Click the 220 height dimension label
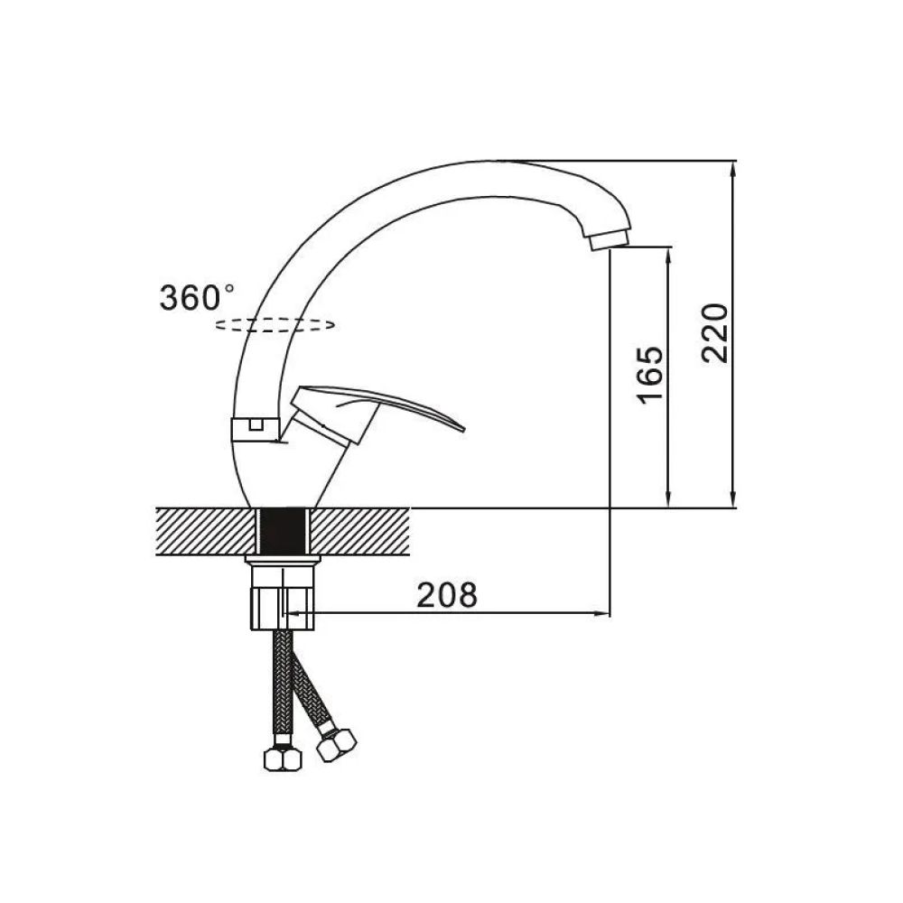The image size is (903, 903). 715,333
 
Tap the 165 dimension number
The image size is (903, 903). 650,375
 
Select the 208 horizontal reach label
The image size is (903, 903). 447,595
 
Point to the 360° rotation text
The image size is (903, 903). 196,298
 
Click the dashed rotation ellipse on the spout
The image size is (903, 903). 275,325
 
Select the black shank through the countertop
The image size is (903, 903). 282,532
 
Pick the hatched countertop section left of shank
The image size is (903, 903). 205,532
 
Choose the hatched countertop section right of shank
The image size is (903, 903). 360,532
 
